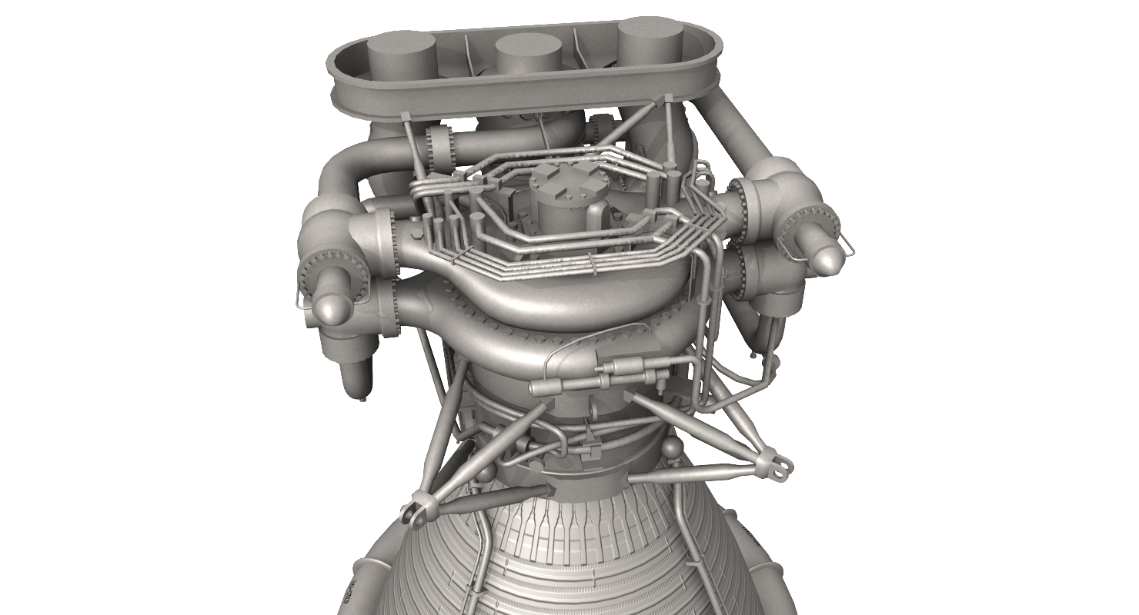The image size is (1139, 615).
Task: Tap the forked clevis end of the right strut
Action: point(778,464)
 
